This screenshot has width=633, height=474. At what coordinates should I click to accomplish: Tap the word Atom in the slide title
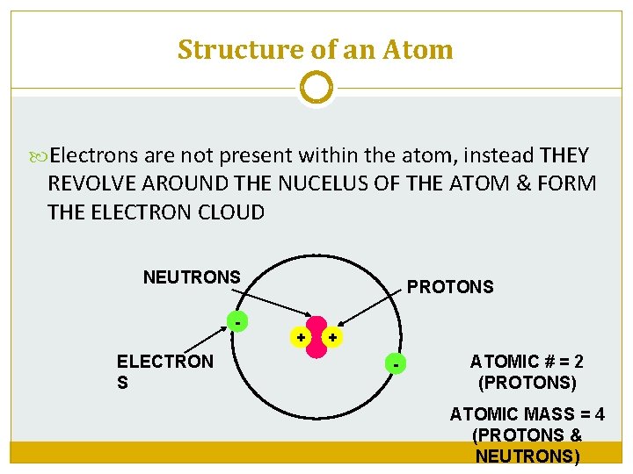[418, 50]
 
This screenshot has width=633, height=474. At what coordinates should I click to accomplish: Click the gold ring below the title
[316, 88]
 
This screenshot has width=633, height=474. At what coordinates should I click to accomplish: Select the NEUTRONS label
[192, 277]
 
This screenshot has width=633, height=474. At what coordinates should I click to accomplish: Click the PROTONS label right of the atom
[449, 287]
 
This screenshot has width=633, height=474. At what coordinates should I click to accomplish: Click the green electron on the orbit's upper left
[236, 322]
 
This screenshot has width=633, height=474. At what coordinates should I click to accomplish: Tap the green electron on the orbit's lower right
[397, 362]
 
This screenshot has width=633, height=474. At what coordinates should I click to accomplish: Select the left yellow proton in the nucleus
[301, 337]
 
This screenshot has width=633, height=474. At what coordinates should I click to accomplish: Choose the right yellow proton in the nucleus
[332, 337]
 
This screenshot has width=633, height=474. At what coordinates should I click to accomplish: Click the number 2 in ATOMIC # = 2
[578, 362]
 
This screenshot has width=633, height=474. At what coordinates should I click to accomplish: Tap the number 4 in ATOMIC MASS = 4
[599, 414]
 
